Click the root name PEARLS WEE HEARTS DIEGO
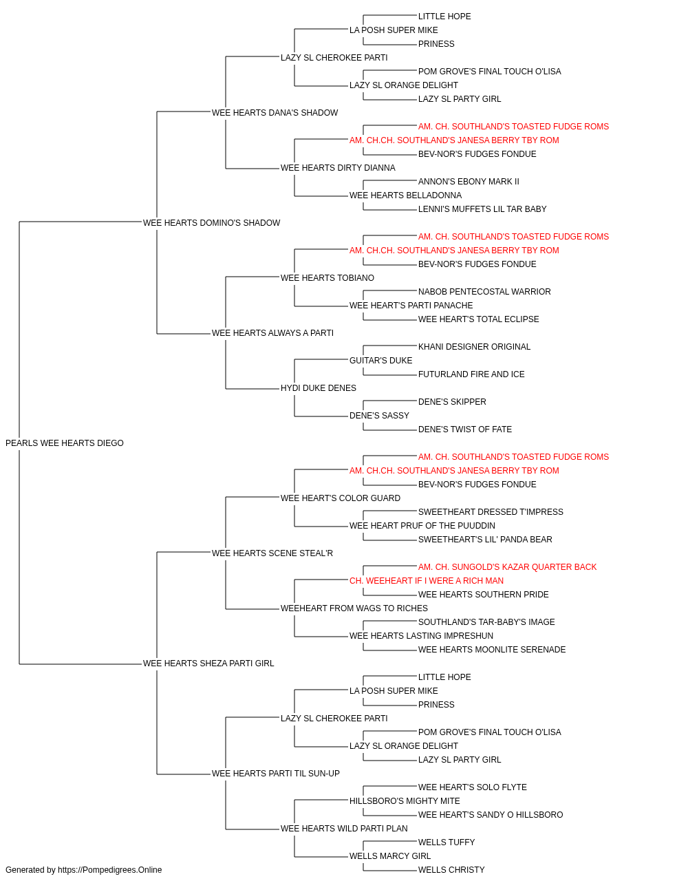click(65, 443)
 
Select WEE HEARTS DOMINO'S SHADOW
click(211, 223)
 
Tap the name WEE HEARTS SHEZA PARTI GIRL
click(208, 664)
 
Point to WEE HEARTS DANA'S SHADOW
click(275, 113)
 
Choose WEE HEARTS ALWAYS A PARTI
click(272, 333)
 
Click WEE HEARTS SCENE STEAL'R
click(272, 553)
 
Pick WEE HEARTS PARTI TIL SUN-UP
click(275, 774)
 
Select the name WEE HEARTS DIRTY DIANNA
click(338, 168)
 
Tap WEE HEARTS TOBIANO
click(327, 278)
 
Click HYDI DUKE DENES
click(319, 388)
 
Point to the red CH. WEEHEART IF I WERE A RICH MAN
click(427, 581)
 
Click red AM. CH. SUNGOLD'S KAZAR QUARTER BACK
click(507, 567)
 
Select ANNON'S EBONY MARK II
click(469, 182)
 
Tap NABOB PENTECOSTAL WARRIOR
click(484, 292)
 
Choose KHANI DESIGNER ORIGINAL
click(474, 347)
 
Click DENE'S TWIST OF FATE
click(465, 429)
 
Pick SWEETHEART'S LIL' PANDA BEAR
click(485, 540)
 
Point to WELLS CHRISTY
click(451, 870)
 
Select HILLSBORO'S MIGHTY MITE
click(405, 801)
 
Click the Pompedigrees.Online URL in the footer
click(110, 870)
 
